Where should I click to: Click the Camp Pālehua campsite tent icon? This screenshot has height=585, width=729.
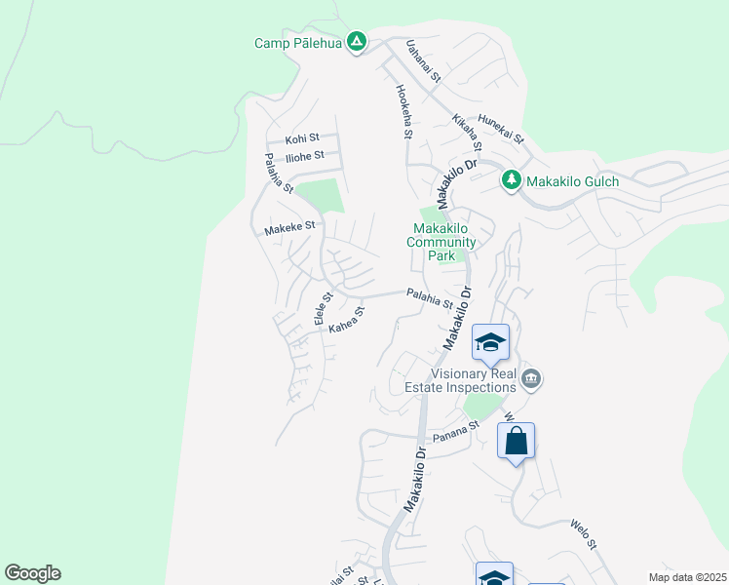tap(358, 42)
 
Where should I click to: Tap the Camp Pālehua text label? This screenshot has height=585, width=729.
tap(299, 43)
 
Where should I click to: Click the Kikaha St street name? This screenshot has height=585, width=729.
tap(467, 133)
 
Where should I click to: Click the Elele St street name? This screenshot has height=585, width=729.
tap(323, 308)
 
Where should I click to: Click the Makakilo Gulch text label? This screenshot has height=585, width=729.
tap(572, 181)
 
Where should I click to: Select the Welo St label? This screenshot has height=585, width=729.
tap(589, 536)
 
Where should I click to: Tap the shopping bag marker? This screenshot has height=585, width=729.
tap(516, 441)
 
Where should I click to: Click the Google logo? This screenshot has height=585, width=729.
tap(32, 573)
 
